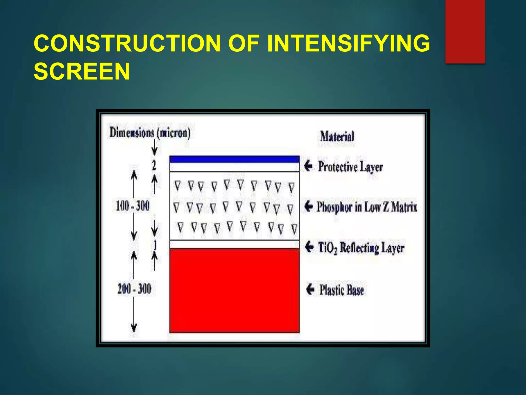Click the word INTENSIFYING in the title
[348, 43]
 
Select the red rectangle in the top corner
[465, 31]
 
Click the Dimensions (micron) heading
[150, 133]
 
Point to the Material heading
[337, 136]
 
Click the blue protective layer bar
[234, 159]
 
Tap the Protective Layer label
[350, 167]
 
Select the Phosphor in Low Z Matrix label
[367, 207]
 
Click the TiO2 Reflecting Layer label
[361, 248]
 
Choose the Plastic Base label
[341, 290]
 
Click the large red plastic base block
[234, 291]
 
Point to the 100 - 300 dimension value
[133, 206]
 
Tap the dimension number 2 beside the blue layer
[154, 165]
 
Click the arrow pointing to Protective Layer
[308, 166]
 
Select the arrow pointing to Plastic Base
[310, 289]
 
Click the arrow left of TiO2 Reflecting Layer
[309, 247]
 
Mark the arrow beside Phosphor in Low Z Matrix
[308, 206]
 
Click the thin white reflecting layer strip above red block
[234, 244]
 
